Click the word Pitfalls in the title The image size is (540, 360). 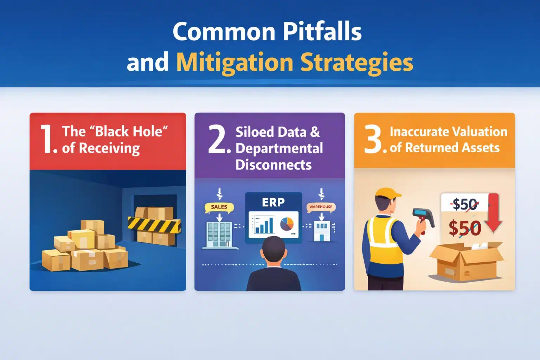[x=322, y=32]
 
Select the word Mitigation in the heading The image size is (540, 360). [x=234, y=63]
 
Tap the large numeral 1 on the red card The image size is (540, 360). [x=48, y=140]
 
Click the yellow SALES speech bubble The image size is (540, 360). [x=219, y=207]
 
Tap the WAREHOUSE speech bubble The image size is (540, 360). [x=321, y=207]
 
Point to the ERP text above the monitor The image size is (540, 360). [x=273, y=202]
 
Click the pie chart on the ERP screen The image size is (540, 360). [x=287, y=224]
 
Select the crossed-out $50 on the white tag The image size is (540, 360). [x=464, y=204]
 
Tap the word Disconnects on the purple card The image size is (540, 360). [x=274, y=165]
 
